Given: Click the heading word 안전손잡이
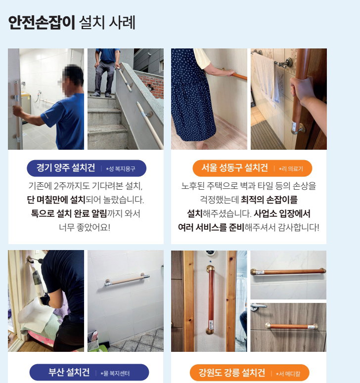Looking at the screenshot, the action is coord(42,22).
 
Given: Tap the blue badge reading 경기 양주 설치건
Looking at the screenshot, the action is coord(87,168).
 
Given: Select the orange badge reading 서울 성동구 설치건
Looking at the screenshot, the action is coord(252,168).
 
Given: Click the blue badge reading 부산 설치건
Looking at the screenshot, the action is coord(89,372).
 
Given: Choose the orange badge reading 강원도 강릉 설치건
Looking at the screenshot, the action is coord(250,373).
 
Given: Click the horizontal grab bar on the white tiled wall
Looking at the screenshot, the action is coord(127,280).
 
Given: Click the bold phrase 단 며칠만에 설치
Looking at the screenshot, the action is coord(56,200).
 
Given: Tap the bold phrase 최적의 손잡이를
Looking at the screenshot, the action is coord(269,200).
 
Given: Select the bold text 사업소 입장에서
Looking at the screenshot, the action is coord(282,213).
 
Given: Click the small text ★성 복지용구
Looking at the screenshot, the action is coord(121,169).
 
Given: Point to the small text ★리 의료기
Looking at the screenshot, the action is coord(291,169).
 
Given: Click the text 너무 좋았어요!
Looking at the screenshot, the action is coord(85,227).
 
